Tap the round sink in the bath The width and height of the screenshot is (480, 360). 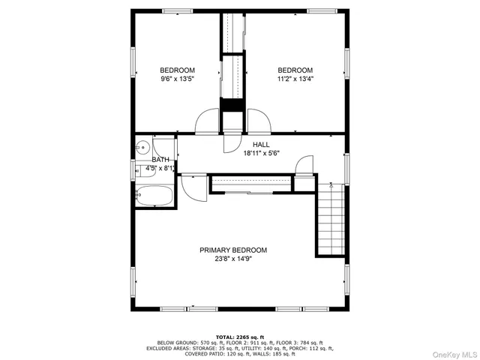[x=141, y=147]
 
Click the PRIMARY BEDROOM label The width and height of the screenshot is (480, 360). [x=232, y=250]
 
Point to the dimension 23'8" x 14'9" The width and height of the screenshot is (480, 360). [x=232, y=259]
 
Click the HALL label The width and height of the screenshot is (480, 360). [x=261, y=145]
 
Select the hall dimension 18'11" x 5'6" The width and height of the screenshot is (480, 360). [x=261, y=154]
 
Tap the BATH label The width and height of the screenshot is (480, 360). [x=160, y=160]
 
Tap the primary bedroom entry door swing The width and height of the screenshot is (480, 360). [x=193, y=188]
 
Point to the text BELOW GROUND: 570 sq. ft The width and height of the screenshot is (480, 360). [x=178, y=342]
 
